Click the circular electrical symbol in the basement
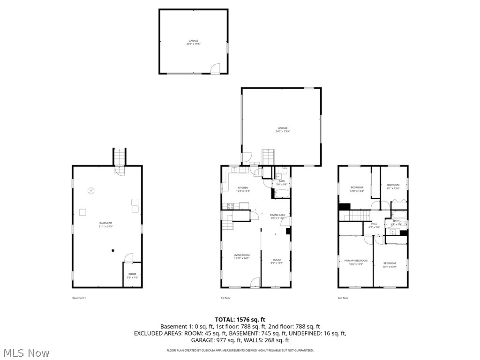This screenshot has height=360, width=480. tap(91, 191)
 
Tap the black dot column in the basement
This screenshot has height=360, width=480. tap(113, 251)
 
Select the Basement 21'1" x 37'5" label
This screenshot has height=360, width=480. tap(105, 225)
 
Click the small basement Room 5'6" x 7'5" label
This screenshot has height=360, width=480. tap(132, 276)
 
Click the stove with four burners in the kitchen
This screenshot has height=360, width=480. tap(231, 205)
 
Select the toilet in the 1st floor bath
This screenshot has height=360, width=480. tap(284, 171)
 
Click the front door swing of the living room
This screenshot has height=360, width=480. tap(255, 282)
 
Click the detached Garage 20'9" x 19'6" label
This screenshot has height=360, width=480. tap(193, 42)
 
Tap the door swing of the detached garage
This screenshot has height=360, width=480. tap(215, 69)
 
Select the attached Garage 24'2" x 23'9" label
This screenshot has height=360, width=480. tap(282, 129)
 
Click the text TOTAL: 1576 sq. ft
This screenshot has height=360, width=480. tap(240, 319)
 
